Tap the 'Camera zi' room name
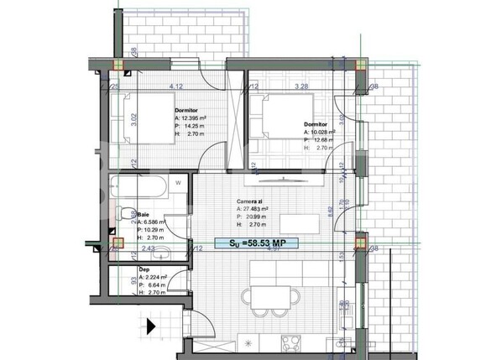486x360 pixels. [250, 201]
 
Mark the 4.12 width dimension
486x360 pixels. [176, 86]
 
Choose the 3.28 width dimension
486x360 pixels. [298, 86]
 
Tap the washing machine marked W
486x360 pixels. [178, 182]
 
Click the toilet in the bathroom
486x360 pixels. [123, 216]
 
